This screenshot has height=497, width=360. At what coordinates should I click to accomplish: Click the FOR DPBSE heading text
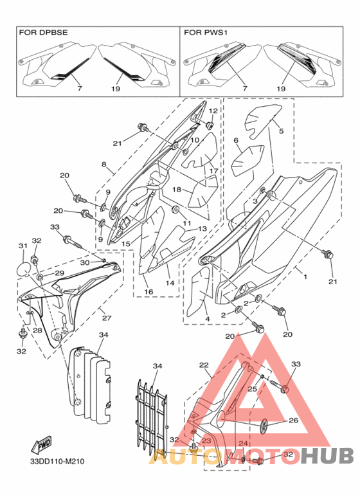(x=44, y=33)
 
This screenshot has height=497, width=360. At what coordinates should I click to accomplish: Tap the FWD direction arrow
(x=41, y=445)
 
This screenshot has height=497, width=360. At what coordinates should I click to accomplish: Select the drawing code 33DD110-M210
(x=57, y=461)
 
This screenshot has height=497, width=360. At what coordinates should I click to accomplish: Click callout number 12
(x=213, y=111)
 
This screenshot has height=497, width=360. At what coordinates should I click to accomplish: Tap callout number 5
(x=281, y=131)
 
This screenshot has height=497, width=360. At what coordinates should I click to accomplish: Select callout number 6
(x=236, y=140)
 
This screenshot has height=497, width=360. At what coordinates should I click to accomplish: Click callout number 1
(x=305, y=276)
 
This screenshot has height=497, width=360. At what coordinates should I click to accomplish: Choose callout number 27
(x=107, y=318)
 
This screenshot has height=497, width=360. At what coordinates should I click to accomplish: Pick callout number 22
(x=204, y=365)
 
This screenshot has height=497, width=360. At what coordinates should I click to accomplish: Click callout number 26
(x=293, y=420)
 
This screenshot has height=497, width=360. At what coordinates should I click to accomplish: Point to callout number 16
(x=148, y=292)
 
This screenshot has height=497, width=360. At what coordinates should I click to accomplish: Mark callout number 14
(x=170, y=283)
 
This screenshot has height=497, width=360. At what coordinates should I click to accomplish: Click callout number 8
(x=104, y=165)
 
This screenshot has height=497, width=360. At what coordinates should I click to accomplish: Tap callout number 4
(x=208, y=319)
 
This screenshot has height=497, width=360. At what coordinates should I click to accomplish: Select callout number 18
(x=177, y=190)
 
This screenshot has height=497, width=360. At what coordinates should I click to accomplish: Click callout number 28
(x=37, y=330)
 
